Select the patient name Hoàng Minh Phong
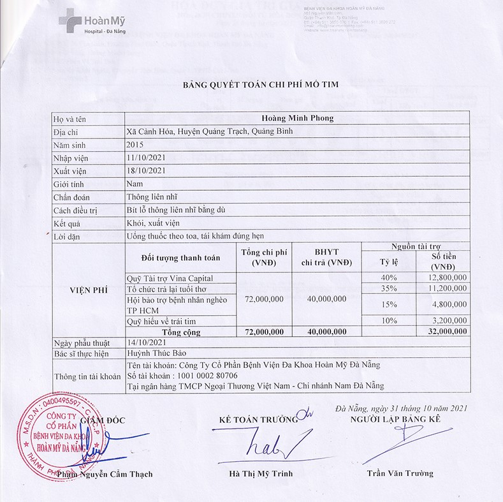pos(298,118)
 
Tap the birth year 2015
pos(136,145)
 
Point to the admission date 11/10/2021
pos(146,158)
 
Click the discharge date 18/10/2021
pos(146,170)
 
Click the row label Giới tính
pos(70,184)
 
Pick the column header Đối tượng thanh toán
pos(180,258)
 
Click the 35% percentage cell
pos(389,288)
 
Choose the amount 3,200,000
pos(449,321)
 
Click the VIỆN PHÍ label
pos(87,290)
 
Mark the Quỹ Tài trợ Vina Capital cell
pos(170,278)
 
